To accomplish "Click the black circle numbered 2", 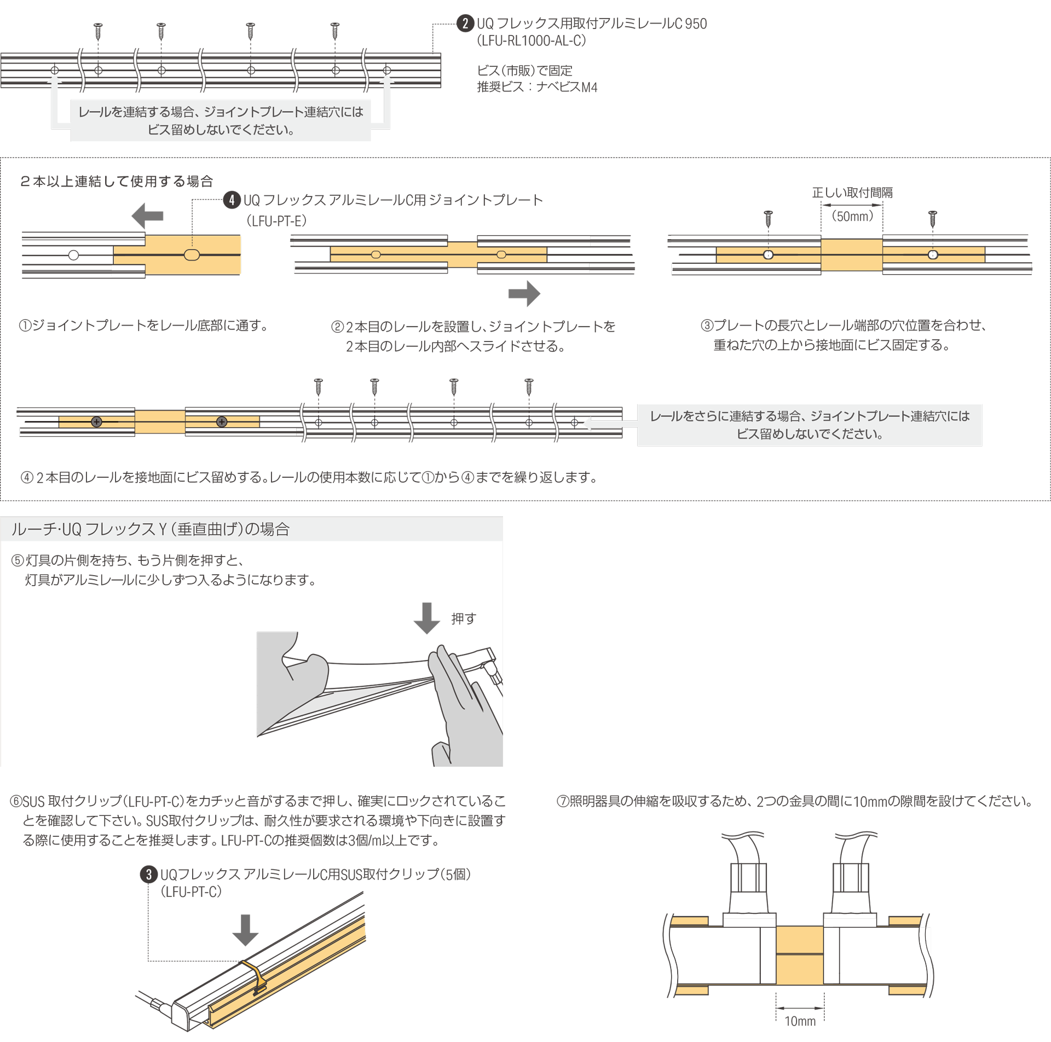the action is click(465, 24).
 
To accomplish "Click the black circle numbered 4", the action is click(232, 200).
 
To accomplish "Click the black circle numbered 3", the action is click(148, 875).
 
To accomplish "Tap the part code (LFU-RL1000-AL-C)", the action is click(532, 41).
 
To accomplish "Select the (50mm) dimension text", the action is click(852, 216).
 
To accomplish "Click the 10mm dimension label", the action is click(800, 1021).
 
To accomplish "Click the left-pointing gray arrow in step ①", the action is click(148, 216).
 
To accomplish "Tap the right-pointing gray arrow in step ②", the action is click(524, 294).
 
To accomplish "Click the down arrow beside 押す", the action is click(427, 618).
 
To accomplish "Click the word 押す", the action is click(464, 619).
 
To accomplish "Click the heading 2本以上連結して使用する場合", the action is click(116, 182).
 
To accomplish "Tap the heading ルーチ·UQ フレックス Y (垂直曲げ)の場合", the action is click(151, 529).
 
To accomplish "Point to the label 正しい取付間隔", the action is click(852, 193).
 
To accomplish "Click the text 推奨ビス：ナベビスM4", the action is click(537, 87).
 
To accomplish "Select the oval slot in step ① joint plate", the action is click(192, 255).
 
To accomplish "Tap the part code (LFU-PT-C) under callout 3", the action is click(191, 892).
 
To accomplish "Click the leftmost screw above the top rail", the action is click(99, 31).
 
